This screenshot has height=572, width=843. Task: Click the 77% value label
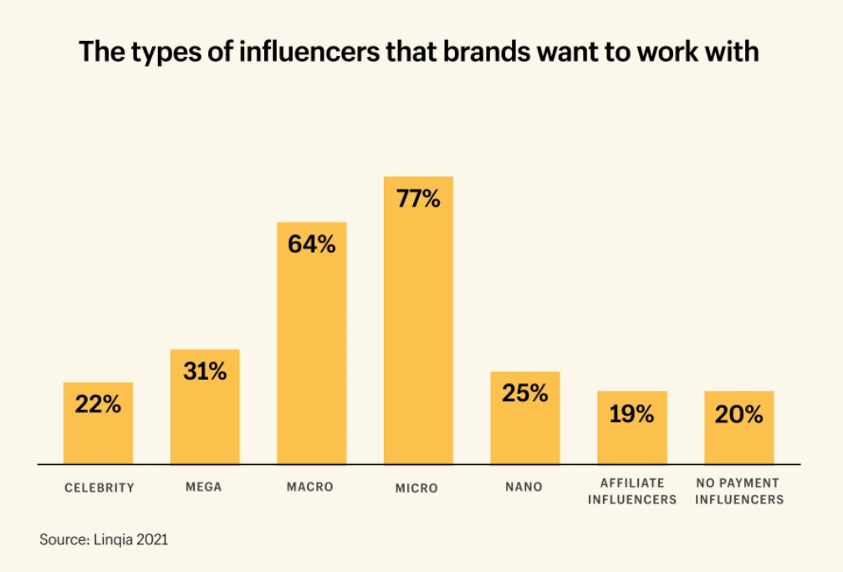(418, 200)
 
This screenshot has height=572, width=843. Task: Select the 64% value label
(312, 245)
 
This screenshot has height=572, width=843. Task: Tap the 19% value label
(632, 414)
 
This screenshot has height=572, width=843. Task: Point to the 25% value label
(525, 393)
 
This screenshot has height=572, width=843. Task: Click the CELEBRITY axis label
(99, 488)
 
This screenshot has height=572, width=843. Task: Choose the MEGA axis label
(204, 487)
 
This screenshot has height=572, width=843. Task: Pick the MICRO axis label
(416, 488)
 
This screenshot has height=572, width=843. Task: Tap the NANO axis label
(524, 487)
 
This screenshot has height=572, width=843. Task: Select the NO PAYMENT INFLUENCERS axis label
(739, 491)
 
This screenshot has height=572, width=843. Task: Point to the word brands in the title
(496, 52)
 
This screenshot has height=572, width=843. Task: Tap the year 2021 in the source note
(154, 539)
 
